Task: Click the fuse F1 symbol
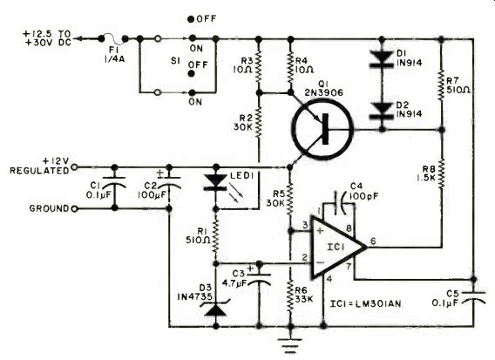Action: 113,39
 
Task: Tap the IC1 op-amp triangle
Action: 339,248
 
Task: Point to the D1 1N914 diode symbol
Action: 382,59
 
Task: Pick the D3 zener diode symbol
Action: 216,308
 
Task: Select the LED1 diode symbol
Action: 216,183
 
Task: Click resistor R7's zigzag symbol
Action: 442,85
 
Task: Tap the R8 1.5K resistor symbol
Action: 442,173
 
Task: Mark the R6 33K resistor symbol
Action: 290,296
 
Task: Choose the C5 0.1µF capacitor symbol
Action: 473,297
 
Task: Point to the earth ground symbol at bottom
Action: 290,345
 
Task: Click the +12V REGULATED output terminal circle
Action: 74,167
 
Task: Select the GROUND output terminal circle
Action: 74,208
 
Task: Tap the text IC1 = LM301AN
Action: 365,304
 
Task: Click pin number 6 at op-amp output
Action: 373,241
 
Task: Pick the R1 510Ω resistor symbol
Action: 216,236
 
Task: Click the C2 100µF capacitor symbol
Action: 169,182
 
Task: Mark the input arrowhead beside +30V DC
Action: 78,39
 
